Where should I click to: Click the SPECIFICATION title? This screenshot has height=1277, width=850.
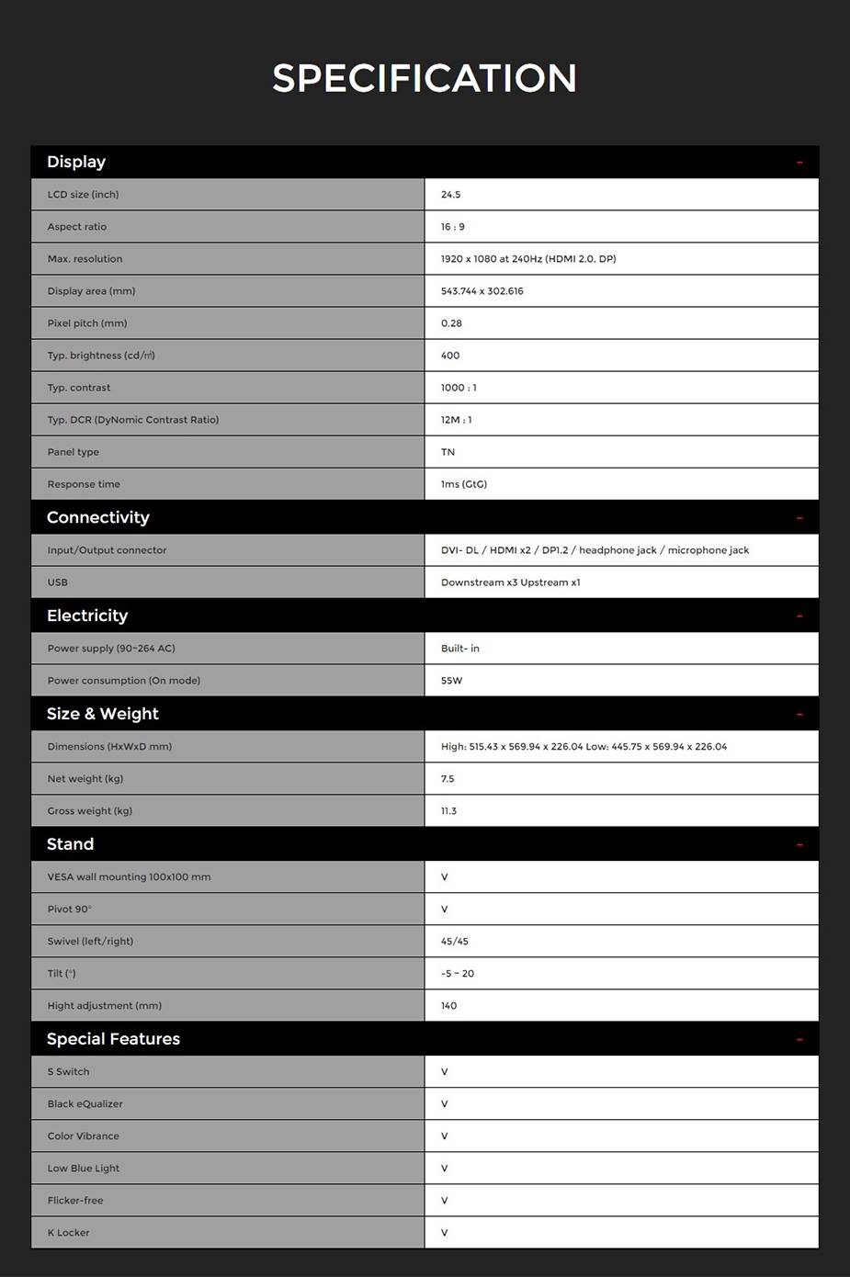[425, 78]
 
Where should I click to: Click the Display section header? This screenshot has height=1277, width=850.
[76, 162]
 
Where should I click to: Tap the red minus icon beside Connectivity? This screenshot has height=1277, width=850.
[799, 518]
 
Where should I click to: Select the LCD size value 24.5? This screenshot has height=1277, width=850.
[450, 195]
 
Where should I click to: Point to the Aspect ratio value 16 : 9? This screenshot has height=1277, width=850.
[452, 227]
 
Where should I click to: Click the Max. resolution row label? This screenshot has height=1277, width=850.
[85, 259]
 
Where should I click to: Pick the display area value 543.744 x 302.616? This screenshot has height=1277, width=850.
[482, 291]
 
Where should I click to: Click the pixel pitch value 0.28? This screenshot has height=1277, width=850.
[451, 323]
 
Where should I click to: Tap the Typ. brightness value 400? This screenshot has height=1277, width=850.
[450, 356]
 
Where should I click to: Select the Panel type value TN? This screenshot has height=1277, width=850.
[448, 452]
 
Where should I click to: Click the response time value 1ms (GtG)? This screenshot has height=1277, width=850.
[464, 484]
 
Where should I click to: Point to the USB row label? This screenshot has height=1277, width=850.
[58, 582]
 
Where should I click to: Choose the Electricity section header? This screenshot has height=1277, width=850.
[87, 616]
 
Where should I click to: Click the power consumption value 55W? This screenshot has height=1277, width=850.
[451, 681]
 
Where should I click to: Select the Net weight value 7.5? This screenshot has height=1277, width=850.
[448, 779]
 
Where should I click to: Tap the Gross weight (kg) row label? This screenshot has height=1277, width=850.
[90, 811]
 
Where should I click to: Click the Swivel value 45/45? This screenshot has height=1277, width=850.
[455, 942]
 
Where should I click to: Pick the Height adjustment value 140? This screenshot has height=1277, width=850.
[448, 1006]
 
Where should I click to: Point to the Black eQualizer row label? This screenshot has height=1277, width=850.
[85, 1104]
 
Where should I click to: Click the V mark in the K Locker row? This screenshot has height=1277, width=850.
[445, 1233]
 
